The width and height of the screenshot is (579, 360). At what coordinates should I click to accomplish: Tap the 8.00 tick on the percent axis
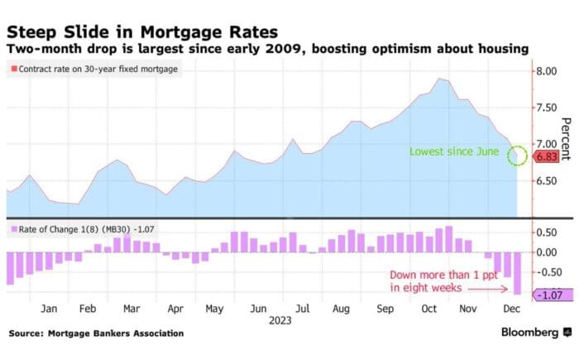click(x=547, y=71)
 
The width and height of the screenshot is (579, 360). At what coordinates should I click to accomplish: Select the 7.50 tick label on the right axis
click(x=547, y=107)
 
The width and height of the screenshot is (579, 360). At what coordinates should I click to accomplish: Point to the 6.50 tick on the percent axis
click(x=547, y=179)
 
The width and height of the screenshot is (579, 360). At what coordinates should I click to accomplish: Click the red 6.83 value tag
click(x=545, y=156)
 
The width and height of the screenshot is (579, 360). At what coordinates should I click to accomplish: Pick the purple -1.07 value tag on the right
click(x=548, y=295)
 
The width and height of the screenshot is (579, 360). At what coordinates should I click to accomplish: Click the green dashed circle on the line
click(x=517, y=155)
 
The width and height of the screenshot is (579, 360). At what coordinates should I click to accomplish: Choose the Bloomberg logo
click(x=529, y=332)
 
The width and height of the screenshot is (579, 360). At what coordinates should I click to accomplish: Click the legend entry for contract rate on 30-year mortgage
click(x=96, y=69)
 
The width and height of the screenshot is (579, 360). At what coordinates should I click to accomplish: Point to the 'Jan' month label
click(x=49, y=308)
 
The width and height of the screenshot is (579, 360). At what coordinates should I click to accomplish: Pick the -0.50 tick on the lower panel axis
click(x=547, y=271)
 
